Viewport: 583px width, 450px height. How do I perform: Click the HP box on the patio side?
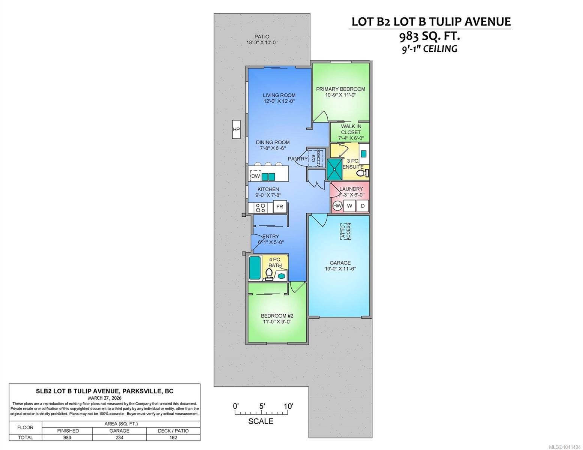click(x=236, y=129)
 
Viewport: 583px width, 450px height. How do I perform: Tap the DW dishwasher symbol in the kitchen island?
click(x=255, y=176)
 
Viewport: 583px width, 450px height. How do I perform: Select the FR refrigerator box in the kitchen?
click(x=280, y=207)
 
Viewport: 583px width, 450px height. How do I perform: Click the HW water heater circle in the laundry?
click(x=337, y=206)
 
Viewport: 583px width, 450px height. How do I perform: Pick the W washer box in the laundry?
click(x=349, y=206)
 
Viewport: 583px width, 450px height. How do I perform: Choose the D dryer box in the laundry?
click(x=363, y=206)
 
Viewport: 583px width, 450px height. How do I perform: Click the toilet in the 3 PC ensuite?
click(x=362, y=173)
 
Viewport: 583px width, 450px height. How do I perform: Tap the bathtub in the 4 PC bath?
click(x=255, y=268)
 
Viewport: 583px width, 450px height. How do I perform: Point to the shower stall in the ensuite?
click(x=334, y=169)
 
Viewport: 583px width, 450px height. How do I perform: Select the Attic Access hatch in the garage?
click(x=346, y=231)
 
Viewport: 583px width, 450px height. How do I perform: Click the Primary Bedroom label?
click(x=340, y=89)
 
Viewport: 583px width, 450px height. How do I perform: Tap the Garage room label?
click(x=340, y=262)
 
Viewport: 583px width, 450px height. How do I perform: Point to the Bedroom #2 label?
click(x=277, y=316)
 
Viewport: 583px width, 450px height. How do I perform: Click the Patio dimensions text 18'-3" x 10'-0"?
click(x=262, y=42)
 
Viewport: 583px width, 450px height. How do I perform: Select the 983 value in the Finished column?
click(x=67, y=437)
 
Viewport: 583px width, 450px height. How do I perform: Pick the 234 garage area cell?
click(x=119, y=437)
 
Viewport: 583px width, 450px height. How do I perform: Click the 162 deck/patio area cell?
click(x=173, y=437)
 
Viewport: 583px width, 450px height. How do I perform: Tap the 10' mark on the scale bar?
click(x=288, y=406)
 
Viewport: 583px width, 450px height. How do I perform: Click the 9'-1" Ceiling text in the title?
click(x=429, y=49)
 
